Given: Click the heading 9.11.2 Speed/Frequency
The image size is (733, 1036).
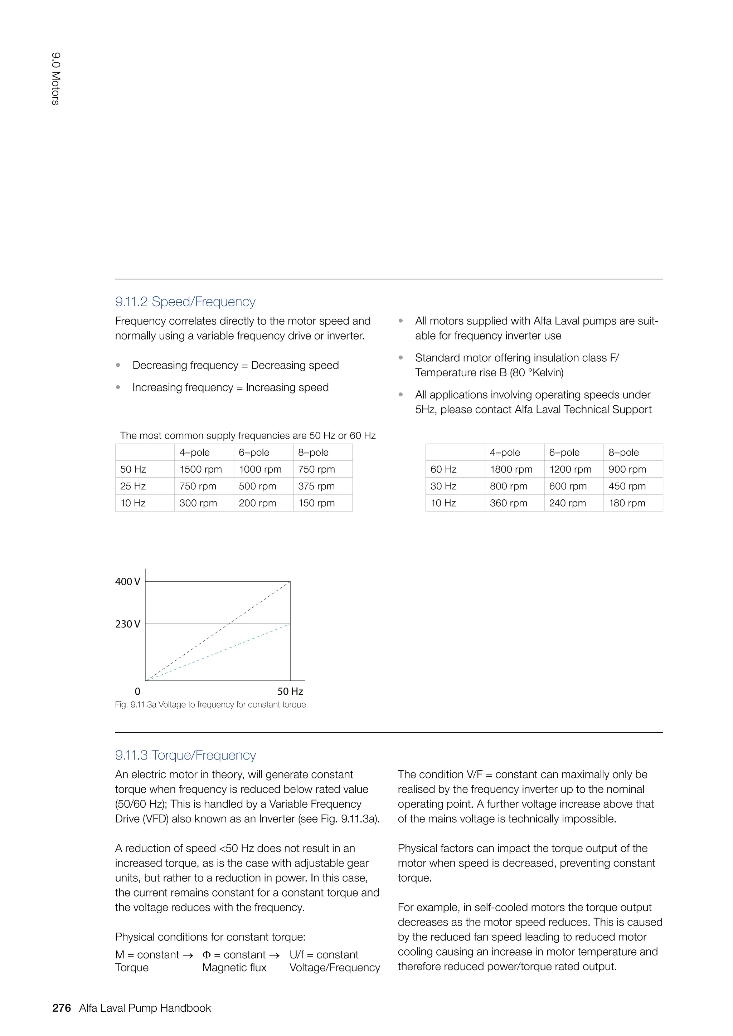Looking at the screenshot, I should coord(185,302).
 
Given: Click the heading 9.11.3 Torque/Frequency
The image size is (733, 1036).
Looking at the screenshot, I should coord(185,755).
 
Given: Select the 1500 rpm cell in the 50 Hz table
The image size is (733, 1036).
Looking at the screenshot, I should coord(200,469).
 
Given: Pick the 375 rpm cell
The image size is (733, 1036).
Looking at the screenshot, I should coord(316,486).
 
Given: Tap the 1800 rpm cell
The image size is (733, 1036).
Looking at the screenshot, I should coord(511,469).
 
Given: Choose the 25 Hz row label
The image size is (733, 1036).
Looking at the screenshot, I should coord(133,486).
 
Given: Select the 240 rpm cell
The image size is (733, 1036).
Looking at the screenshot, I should coord(567,503).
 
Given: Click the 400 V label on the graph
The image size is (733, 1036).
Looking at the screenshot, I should coord(127,582).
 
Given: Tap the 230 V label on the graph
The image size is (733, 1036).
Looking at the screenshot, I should coord(127,624).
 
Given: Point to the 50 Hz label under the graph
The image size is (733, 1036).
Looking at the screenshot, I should coord(290,691).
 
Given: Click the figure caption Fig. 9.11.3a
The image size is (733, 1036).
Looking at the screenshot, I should coord(210,704).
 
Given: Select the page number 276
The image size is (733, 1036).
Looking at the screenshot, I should coord(62,1008).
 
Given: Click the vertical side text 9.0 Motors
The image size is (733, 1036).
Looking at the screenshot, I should coord(55,79).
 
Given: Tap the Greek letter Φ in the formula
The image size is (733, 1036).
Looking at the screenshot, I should coord(206,955).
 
